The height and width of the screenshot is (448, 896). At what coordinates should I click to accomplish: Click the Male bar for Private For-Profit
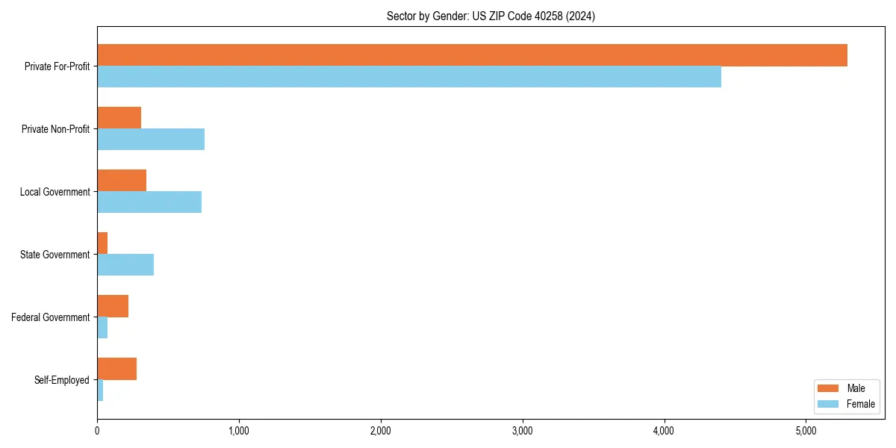pyautogui.click(x=472, y=55)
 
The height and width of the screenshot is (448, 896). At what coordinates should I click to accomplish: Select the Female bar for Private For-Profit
pyautogui.click(x=409, y=77)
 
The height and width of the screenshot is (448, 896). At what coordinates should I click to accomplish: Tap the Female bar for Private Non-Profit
pyautogui.click(x=151, y=140)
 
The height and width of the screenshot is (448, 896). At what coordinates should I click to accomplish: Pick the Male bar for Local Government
pyautogui.click(x=122, y=181)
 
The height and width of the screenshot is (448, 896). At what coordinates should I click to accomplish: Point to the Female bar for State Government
pyautogui.click(x=125, y=265)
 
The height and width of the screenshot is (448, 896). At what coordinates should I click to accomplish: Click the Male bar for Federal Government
pyautogui.click(x=113, y=306)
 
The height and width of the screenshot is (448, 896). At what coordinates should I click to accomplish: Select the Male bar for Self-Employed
pyautogui.click(x=117, y=369)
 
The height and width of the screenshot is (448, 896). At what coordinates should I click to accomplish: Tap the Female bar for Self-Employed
pyautogui.click(x=100, y=391)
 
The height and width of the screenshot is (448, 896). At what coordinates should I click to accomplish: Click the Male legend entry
pyautogui.click(x=845, y=388)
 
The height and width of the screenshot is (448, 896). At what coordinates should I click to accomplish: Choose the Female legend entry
pyautogui.click(x=845, y=404)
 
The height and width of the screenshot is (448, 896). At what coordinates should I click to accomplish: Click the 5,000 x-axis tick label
pyautogui.click(x=806, y=431)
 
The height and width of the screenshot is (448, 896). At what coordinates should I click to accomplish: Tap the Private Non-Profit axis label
pyautogui.click(x=56, y=129)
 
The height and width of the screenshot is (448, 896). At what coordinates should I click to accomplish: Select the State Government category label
pyautogui.click(x=55, y=255)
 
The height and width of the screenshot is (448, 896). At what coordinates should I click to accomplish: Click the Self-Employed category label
pyautogui.click(x=62, y=380)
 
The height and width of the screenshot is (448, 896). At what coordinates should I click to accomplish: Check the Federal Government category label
pyautogui.click(x=51, y=317)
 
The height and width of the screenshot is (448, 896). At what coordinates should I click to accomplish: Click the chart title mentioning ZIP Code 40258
pyautogui.click(x=491, y=16)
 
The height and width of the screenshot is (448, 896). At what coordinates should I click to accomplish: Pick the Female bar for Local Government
pyautogui.click(x=149, y=202)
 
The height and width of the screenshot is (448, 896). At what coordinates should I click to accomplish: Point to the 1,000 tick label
pyautogui.click(x=239, y=431)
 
